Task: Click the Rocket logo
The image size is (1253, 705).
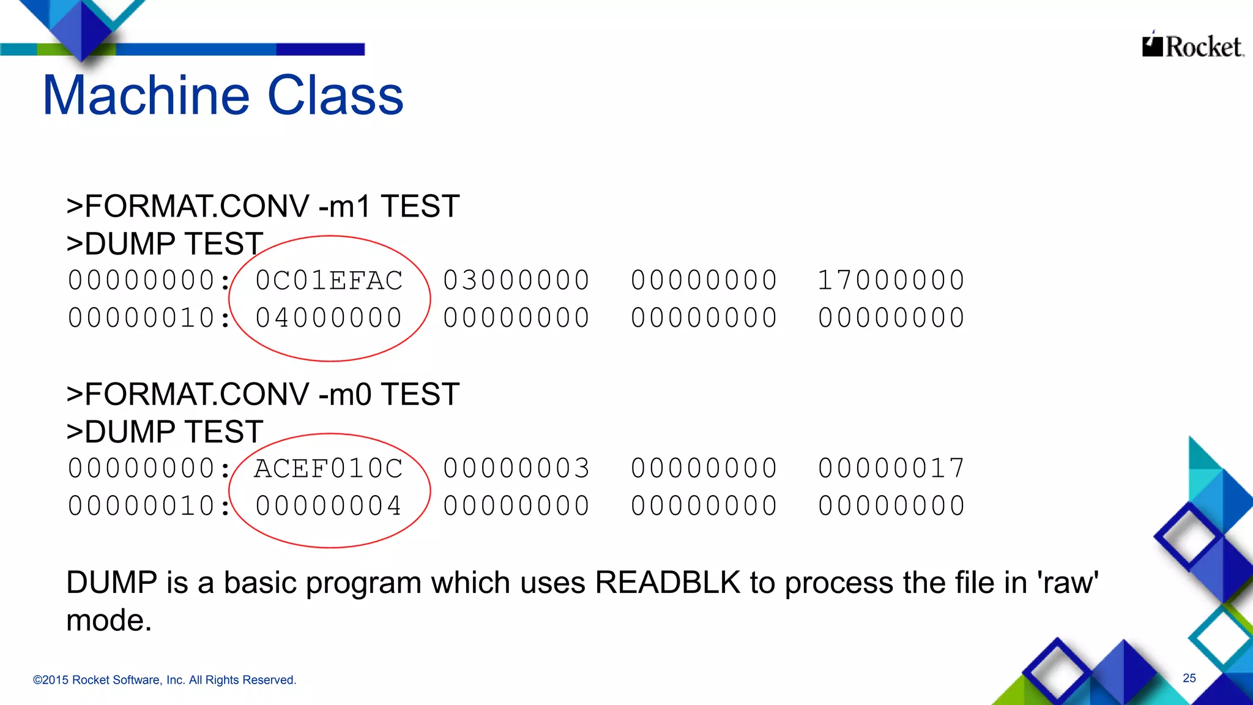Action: pos(1192,46)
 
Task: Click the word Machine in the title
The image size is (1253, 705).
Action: pos(146,95)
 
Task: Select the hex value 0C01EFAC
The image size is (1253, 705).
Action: pos(329,281)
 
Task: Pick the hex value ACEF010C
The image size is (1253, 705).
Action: pos(329,469)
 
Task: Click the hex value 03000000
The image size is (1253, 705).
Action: pos(516,281)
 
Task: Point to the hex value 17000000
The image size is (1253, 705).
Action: pos(891,281)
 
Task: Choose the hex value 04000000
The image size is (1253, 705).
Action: pos(329,318)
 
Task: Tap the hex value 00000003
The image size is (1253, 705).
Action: pos(516,469)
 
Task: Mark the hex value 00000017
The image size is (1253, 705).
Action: pos(891,469)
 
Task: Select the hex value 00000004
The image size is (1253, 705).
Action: pos(329,506)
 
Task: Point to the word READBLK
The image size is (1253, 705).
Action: pos(667,583)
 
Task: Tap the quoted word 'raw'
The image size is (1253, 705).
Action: pos(1068,583)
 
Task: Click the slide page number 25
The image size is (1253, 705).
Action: pos(1189,678)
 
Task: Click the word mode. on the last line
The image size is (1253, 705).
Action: pos(109,621)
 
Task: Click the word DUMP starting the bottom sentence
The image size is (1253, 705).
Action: pos(111,583)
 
